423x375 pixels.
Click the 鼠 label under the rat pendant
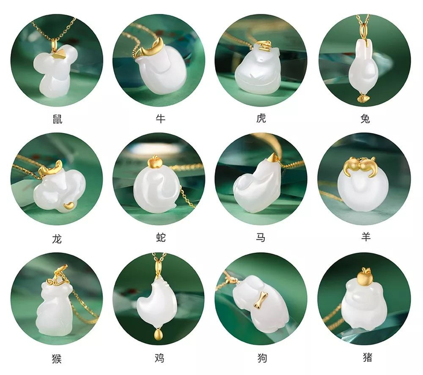[x=57, y=119]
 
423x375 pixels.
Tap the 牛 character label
[x=161, y=119]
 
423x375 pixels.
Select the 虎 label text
[x=261, y=118]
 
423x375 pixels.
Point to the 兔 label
[x=365, y=119]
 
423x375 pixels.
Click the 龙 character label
[x=57, y=239]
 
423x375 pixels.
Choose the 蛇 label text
[x=161, y=237]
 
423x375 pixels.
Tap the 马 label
[x=260, y=237]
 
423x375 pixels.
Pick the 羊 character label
[x=366, y=236]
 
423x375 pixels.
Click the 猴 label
[x=57, y=359]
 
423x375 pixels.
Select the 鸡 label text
[x=160, y=358]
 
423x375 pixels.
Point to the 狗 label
[x=262, y=358]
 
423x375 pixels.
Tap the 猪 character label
[x=367, y=357]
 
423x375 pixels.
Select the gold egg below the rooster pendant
[x=158, y=334]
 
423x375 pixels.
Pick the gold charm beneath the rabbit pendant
[x=363, y=98]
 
